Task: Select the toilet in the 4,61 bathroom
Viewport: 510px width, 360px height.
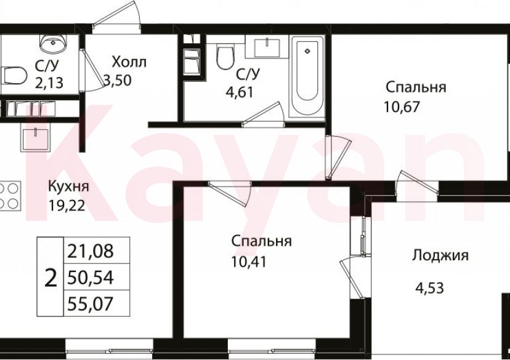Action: (225, 57)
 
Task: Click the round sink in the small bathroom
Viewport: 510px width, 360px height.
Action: (52, 43)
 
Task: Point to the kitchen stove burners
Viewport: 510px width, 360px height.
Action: (10, 196)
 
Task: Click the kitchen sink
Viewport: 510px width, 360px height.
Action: (37, 137)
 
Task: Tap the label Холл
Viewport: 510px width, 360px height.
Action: (129, 62)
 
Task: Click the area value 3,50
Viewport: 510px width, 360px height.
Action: (118, 79)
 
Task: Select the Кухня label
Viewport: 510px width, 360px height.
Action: (69, 187)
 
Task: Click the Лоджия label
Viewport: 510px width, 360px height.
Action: (440, 255)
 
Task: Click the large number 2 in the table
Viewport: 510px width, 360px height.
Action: (51, 278)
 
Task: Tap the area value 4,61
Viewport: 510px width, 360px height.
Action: (240, 92)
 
